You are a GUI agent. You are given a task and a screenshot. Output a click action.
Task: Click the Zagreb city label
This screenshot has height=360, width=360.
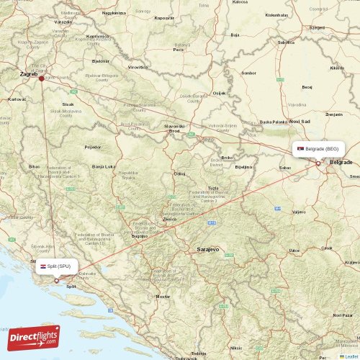click(29, 73)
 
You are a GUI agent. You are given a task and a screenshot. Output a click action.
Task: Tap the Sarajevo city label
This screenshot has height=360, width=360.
click(207, 248)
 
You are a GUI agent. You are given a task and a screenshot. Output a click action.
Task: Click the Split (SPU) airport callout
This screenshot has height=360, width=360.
click(58, 266)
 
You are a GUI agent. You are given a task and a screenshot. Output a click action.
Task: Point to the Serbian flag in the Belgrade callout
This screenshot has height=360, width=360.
click(300, 149)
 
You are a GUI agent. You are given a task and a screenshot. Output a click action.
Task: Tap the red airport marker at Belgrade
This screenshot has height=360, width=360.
click(318, 163)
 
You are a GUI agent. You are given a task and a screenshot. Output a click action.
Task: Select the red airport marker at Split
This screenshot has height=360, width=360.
click(56, 281)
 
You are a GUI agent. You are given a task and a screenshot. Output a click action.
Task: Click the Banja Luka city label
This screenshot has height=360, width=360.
click(104, 166)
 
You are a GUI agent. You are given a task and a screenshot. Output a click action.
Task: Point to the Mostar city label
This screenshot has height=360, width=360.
click(163, 296)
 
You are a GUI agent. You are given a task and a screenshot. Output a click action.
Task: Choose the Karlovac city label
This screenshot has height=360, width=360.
click(16, 99)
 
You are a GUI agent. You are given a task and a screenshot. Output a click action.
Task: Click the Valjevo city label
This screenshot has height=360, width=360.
click(299, 212)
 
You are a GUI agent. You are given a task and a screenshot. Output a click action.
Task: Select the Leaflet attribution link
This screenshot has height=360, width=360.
click(351, 356)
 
